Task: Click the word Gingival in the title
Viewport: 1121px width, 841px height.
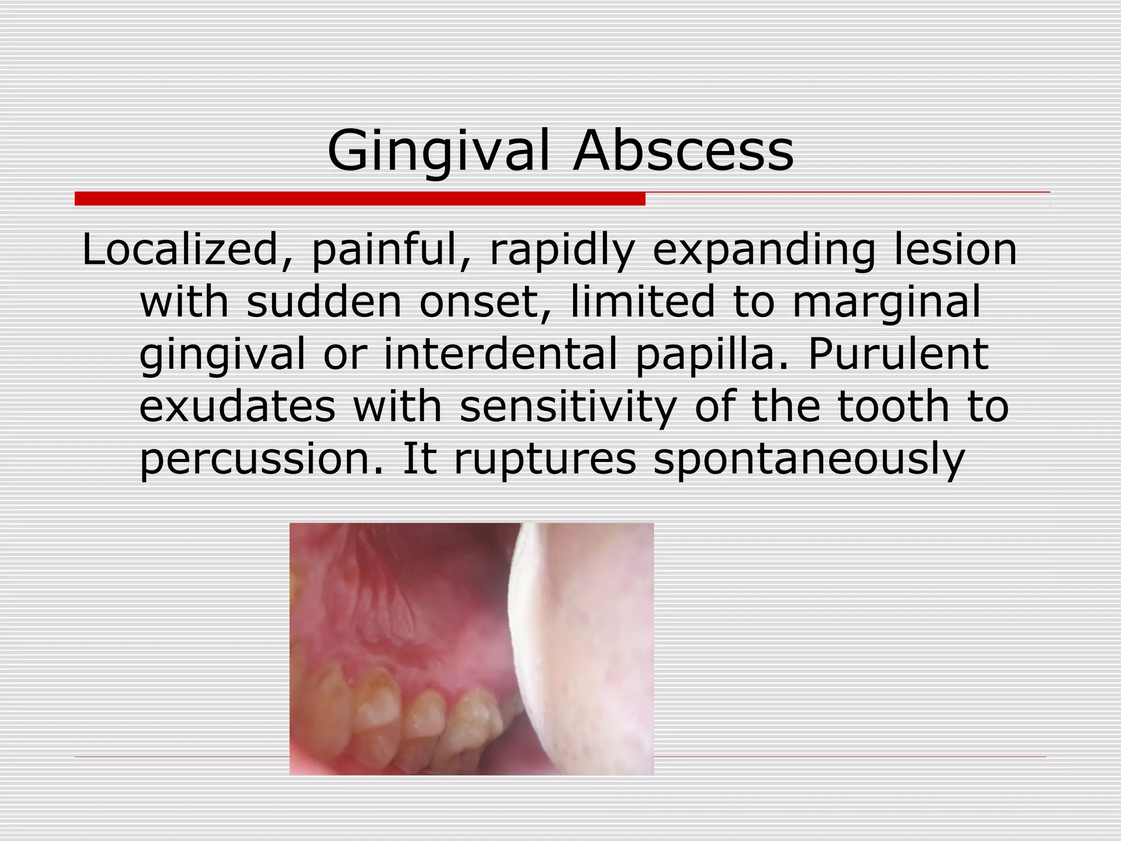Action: (438, 151)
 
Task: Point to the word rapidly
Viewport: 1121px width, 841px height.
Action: (562, 251)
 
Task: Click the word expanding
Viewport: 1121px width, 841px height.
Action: (764, 251)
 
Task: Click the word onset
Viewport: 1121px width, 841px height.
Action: (485, 303)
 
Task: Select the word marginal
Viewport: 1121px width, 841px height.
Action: (887, 303)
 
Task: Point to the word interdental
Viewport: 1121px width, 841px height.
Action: (500, 354)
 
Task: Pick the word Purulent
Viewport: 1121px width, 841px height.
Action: (898, 354)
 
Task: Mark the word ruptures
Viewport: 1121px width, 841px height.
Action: (545, 460)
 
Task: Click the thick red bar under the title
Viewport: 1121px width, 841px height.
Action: (360, 199)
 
